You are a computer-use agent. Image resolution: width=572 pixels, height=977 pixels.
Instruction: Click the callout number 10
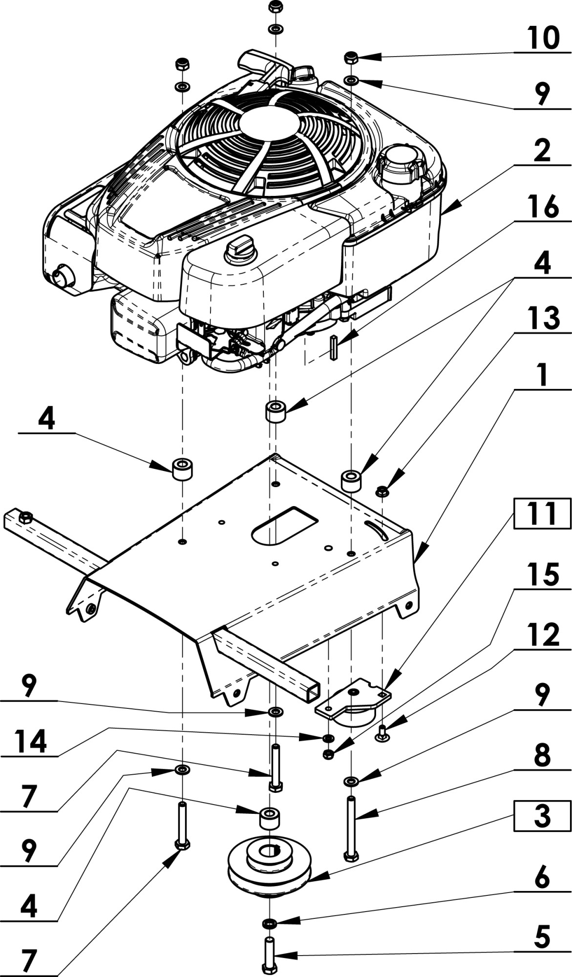click(x=542, y=38)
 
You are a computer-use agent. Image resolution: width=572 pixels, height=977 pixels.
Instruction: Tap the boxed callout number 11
click(x=542, y=514)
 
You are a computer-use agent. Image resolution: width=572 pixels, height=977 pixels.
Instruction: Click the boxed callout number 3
click(x=542, y=816)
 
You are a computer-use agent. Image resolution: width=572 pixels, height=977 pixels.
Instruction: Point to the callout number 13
click(x=543, y=319)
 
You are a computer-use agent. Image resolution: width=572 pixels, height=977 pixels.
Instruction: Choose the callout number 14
click(x=30, y=742)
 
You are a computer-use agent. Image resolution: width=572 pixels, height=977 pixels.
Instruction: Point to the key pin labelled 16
click(x=334, y=347)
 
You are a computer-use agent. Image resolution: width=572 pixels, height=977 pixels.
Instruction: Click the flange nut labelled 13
click(x=383, y=491)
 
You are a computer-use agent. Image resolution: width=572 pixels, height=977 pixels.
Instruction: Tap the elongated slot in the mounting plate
click(x=285, y=524)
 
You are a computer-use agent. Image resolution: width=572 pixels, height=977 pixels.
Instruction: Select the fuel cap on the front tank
click(x=239, y=246)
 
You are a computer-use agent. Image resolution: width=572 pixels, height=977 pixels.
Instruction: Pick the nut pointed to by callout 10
click(x=351, y=58)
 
